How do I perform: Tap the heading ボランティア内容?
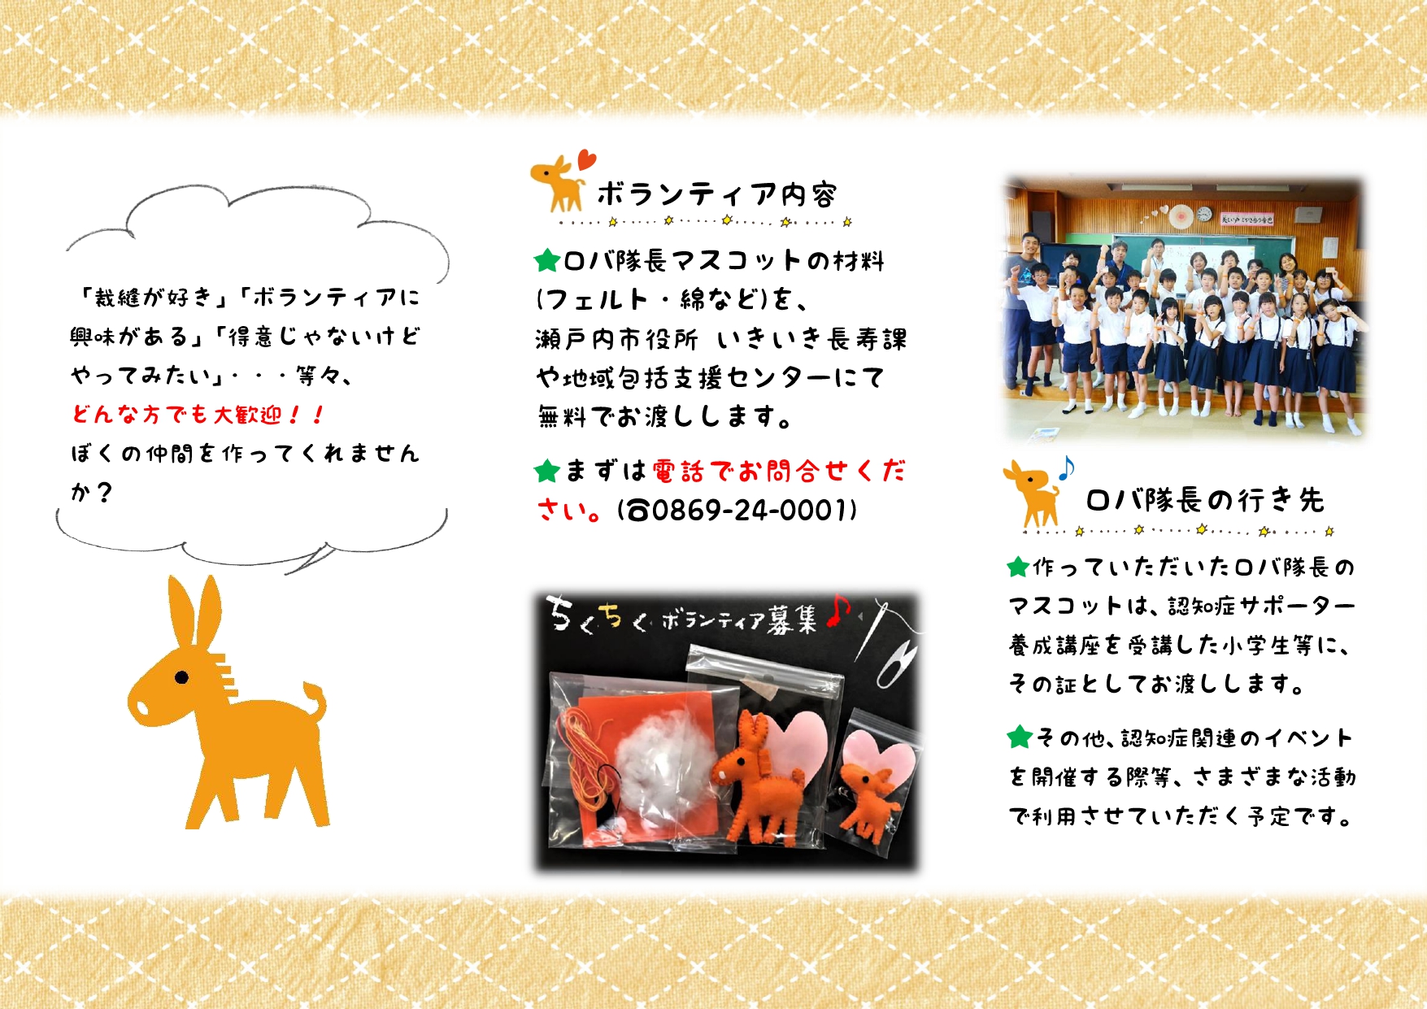pos(716,194)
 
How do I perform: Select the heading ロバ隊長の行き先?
pos(1205,500)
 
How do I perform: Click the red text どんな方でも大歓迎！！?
pos(198,415)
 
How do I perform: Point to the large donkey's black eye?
pos(181,676)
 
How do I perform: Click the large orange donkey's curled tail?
pos(315,702)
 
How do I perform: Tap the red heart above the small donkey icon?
pos(586,159)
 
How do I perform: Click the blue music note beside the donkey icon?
pos(1066,468)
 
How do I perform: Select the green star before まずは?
pos(547,471)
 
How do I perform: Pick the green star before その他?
pos(1019,737)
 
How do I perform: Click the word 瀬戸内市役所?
pos(616,339)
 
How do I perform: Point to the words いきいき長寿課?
pos(811,339)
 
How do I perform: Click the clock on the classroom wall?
pos(1204,215)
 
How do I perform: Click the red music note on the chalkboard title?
pos(837,611)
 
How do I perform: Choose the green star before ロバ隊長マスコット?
pos(547,261)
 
